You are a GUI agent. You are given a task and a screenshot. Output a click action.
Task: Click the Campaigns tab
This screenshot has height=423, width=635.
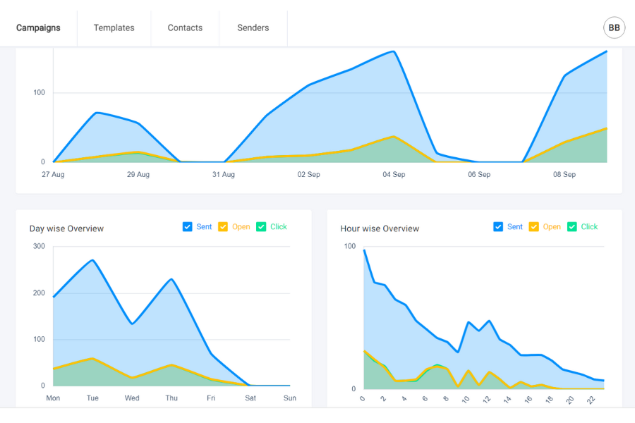click(38, 28)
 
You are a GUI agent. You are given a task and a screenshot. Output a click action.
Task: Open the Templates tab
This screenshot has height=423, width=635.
click(114, 28)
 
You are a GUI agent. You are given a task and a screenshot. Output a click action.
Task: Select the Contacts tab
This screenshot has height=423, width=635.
click(185, 28)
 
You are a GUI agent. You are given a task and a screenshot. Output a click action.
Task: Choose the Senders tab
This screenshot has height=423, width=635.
click(253, 28)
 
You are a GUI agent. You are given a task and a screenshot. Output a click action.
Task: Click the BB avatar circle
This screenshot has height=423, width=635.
click(614, 27)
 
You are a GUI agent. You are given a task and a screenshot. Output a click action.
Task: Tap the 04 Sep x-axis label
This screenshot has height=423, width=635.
click(394, 175)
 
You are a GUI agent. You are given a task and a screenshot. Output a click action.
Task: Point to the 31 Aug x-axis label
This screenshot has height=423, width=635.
click(224, 175)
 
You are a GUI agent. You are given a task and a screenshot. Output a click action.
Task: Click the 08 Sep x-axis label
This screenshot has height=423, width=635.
click(564, 175)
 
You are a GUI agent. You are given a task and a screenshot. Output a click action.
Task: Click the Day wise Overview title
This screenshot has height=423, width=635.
click(66, 228)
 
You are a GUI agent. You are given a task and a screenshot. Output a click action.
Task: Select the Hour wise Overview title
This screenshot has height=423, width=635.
click(380, 228)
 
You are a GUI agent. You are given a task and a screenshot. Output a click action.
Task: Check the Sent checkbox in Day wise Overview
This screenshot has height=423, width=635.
click(188, 227)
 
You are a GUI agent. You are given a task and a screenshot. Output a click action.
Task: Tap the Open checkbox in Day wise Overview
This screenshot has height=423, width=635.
click(223, 227)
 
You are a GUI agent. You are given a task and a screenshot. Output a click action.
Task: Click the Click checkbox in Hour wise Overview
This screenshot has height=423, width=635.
click(572, 227)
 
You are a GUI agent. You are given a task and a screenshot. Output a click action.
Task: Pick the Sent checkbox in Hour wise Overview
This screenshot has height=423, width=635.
click(499, 227)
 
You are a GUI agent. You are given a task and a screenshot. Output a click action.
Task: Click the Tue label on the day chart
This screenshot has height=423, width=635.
click(92, 398)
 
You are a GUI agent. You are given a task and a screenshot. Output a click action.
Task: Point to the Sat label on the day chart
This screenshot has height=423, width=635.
click(250, 398)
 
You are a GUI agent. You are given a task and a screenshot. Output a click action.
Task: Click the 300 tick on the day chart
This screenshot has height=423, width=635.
click(38, 246)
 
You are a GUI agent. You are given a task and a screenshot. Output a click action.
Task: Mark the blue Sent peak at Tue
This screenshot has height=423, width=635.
click(92, 260)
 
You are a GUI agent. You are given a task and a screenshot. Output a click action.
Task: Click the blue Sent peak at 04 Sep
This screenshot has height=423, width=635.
click(394, 51)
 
